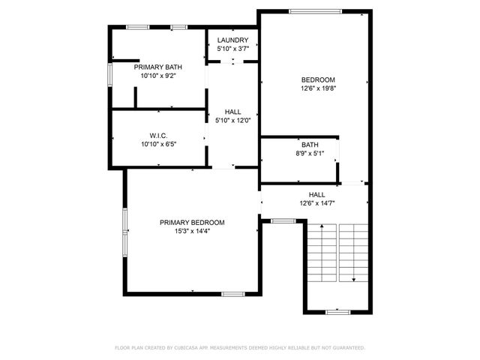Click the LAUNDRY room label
pos(233,40)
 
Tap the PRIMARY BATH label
pos(158,67)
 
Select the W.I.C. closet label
pos(157,135)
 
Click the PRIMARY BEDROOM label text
pos(192,222)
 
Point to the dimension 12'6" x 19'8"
pos(318,88)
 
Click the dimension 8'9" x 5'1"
pos(310,153)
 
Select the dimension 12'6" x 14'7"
pos(317,202)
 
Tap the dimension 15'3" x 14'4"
pos(192,231)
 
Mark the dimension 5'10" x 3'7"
pos(233,49)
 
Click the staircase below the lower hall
pos(337,255)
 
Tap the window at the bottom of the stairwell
pos(338,311)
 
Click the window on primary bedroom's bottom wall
pos(232,292)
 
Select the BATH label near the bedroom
pos(310,145)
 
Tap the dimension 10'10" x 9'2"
pos(158,76)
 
